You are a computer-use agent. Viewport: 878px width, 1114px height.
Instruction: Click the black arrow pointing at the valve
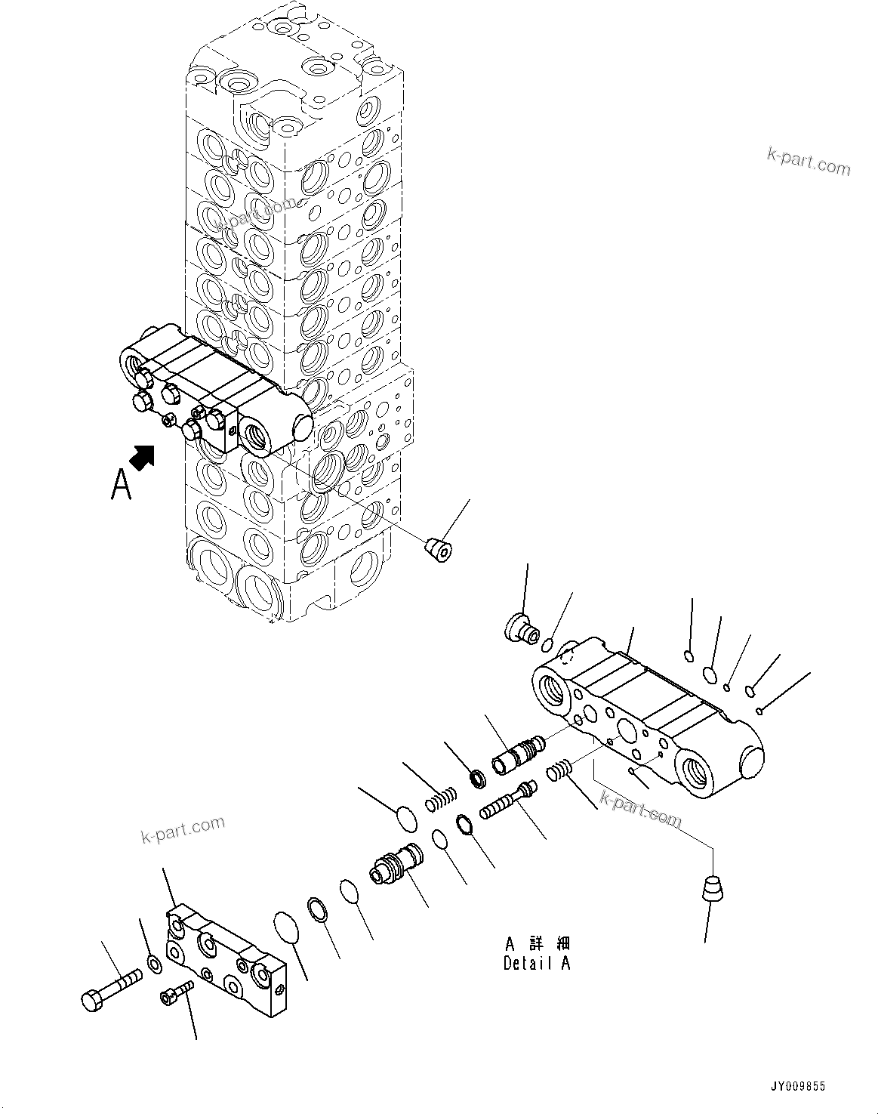pyautogui.click(x=143, y=457)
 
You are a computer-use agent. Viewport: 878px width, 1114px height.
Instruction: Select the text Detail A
pyautogui.click(x=537, y=963)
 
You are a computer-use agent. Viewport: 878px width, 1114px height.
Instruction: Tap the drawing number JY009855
pyautogui.click(x=798, y=1086)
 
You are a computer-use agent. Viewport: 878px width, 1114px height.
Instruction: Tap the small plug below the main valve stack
pyautogui.click(x=439, y=549)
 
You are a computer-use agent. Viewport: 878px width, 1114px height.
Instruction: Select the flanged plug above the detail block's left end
pyautogui.click(x=519, y=628)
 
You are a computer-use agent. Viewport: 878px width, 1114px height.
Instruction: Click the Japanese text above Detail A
pyautogui.click(x=537, y=943)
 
